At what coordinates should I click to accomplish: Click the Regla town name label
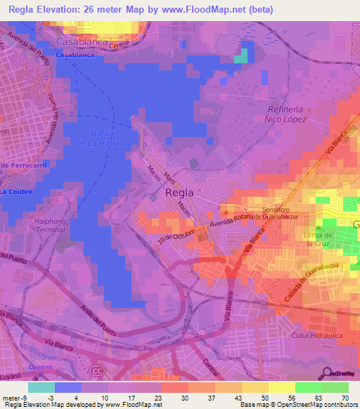click(179, 191)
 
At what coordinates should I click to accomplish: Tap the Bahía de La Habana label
click(110, 138)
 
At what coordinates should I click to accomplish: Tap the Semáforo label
click(276, 209)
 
